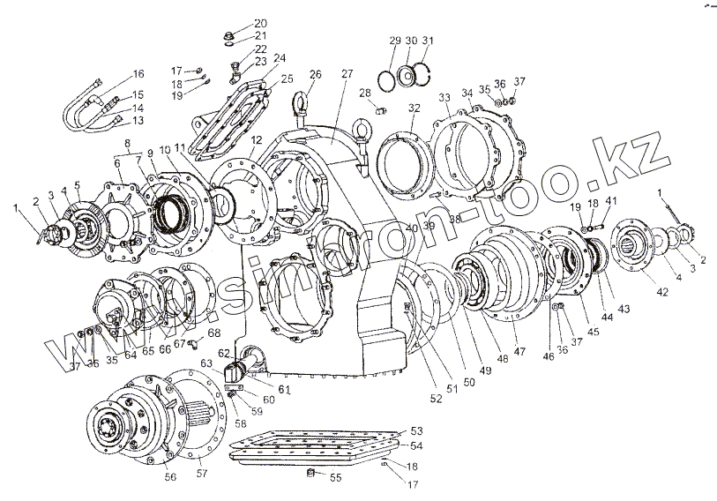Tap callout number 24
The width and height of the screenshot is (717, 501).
[280, 58]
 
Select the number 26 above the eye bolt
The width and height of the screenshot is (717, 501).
[316, 73]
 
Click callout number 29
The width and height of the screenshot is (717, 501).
[394, 41]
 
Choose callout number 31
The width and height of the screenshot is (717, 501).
[428, 41]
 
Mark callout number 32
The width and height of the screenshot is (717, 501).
[414, 108]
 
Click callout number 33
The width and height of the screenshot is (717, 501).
[444, 96]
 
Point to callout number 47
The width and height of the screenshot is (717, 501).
[519, 352]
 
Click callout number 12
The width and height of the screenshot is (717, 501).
[256, 140]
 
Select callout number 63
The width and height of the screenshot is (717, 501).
[205, 362]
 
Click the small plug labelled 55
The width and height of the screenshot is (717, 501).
[310, 476]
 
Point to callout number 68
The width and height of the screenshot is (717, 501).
[214, 333]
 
